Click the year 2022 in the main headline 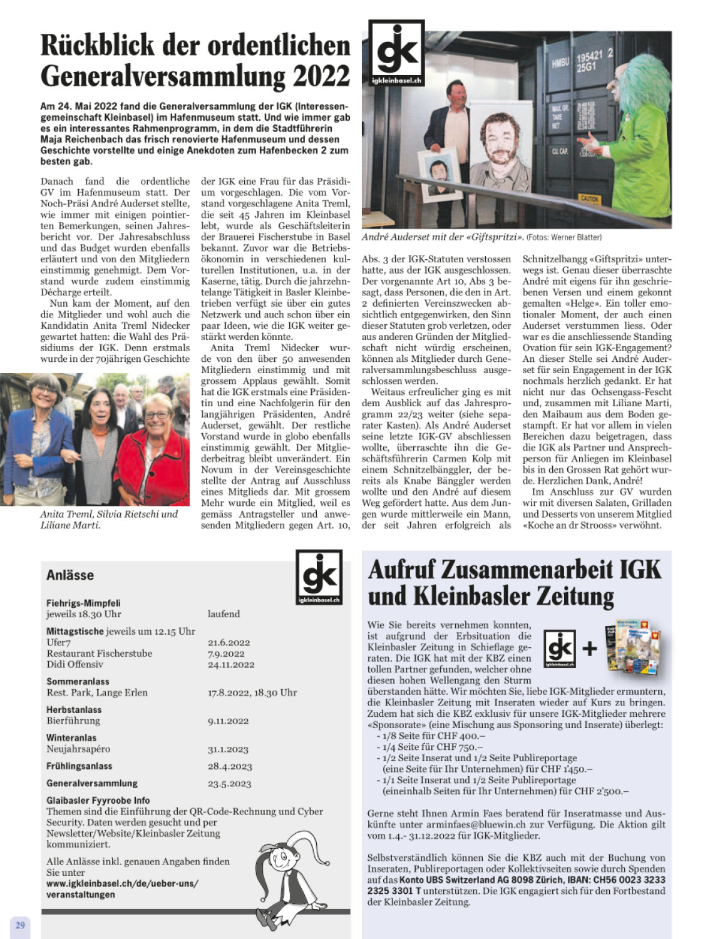[x=321, y=76]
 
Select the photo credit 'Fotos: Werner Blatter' [x=564, y=237]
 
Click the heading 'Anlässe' [x=70, y=575]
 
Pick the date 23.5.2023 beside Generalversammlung [x=229, y=783]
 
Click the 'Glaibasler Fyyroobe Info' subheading [x=98, y=800]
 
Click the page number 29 [x=20, y=925]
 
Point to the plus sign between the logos [x=589, y=648]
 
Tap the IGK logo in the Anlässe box [x=319, y=577]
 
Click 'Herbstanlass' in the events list [x=74, y=709]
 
